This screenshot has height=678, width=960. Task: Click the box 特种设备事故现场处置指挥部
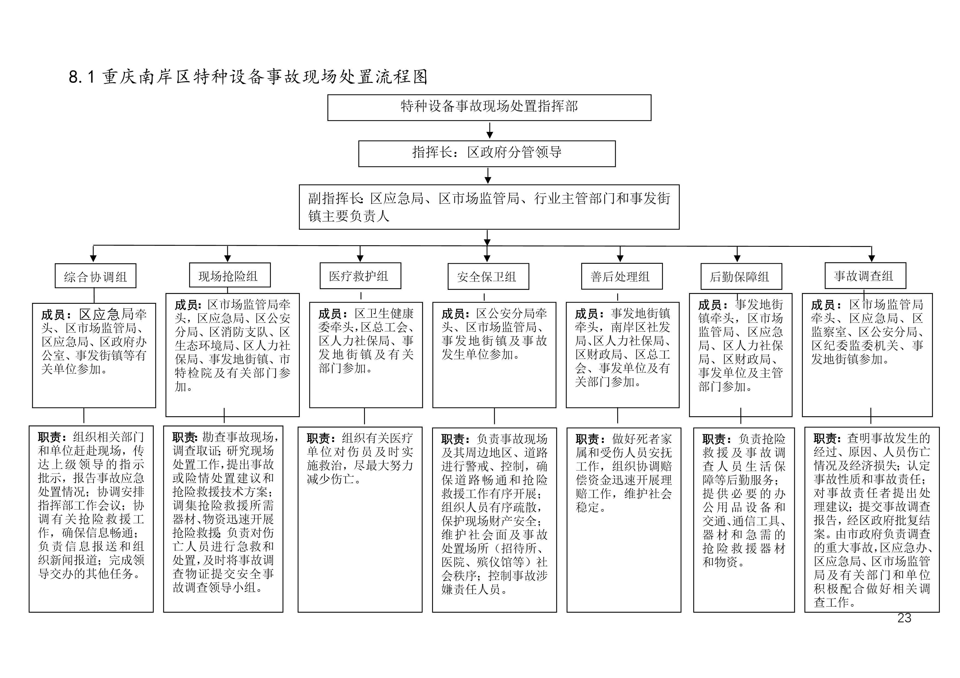pos(489,108)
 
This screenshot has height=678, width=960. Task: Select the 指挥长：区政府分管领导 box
pos(487,153)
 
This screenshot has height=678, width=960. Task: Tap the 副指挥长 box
pos(489,207)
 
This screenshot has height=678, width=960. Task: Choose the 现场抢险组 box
pos(230,275)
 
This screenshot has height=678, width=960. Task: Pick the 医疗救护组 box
pos(360,276)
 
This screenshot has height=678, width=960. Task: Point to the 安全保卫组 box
pos(488,276)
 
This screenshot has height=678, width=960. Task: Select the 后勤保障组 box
pos(741,276)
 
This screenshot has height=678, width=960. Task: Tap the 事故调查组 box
pos(866,276)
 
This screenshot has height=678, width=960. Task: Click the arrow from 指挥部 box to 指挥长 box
pos(490,130)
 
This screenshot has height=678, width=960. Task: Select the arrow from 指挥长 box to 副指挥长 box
pos(488,176)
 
